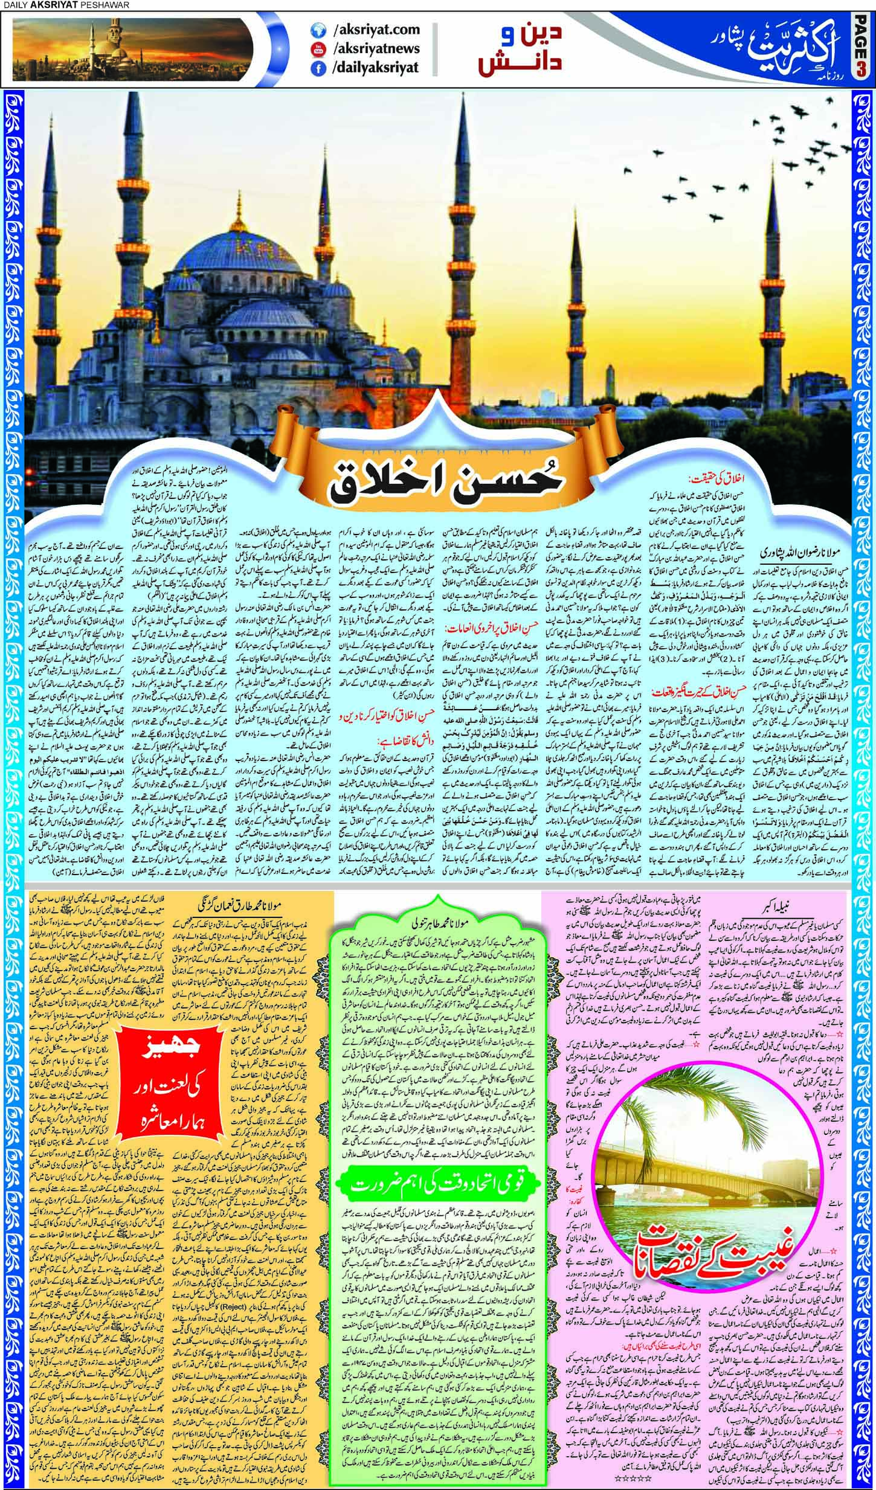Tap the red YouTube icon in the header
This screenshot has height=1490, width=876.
coord(315,49)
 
